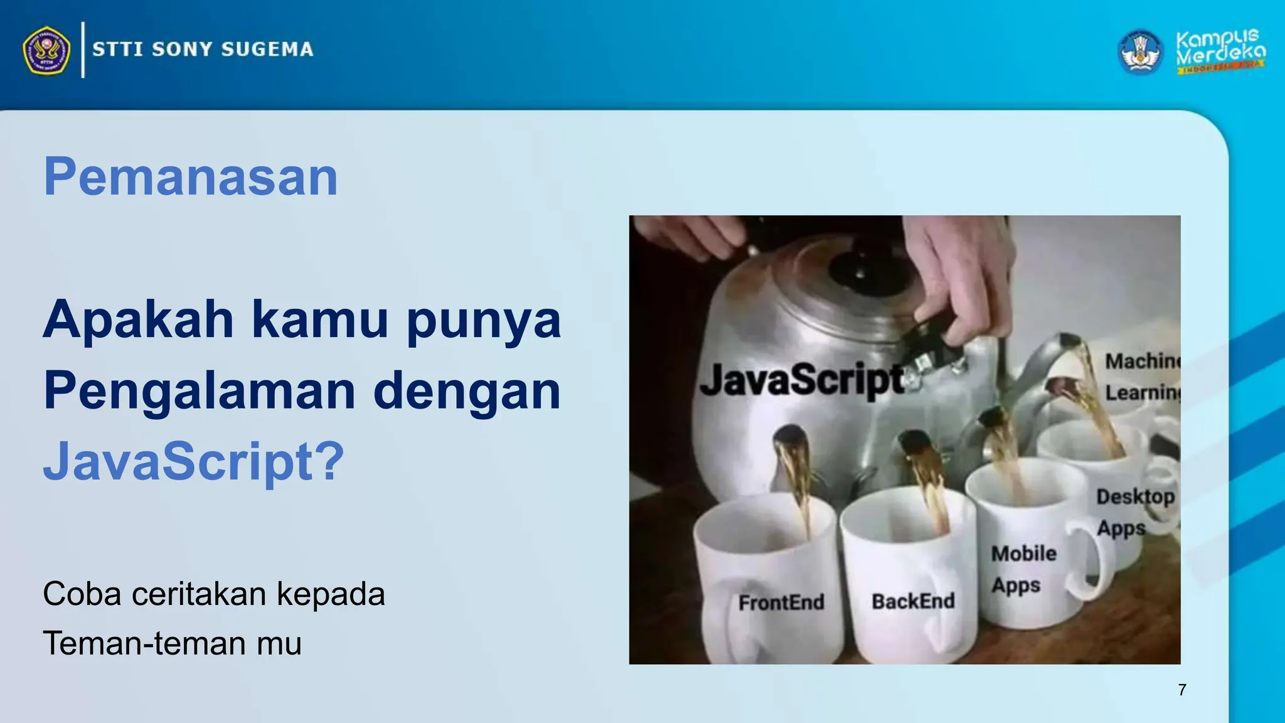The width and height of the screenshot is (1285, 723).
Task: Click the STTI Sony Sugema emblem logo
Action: pyautogui.click(x=46, y=50)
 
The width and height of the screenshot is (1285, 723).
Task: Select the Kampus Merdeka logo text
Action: pyautogui.click(x=1220, y=50)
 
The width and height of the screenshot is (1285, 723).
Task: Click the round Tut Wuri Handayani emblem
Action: pyautogui.click(x=1140, y=51)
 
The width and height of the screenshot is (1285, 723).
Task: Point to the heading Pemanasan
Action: pyautogui.click(x=191, y=177)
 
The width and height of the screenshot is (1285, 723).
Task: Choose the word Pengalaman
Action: pyautogui.click(x=200, y=390)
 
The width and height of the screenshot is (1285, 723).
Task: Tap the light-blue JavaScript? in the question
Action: pyautogui.click(x=194, y=461)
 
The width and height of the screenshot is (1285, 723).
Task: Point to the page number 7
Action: pyautogui.click(x=1182, y=690)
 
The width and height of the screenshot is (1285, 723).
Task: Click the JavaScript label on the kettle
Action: pyautogui.click(x=801, y=380)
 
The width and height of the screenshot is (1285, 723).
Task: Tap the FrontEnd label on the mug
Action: pyautogui.click(x=781, y=602)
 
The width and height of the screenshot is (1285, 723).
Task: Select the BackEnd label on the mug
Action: pyautogui.click(x=913, y=601)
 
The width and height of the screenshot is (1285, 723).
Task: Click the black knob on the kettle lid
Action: pyautogui.click(x=861, y=271)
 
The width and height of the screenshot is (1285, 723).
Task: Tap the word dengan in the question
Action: pyautogui.click(x=467, y=390)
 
